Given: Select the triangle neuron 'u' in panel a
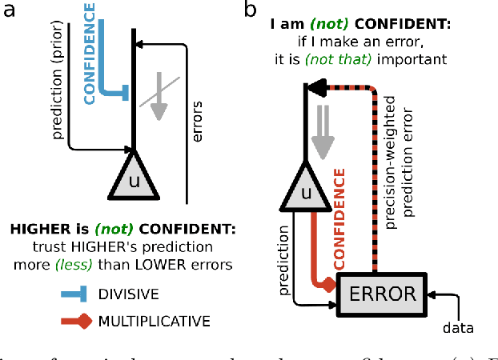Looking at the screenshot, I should tap(133, 180).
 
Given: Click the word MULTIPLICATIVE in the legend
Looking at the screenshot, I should tap(154, 322).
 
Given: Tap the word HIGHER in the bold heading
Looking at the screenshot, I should tap(38, 229).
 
